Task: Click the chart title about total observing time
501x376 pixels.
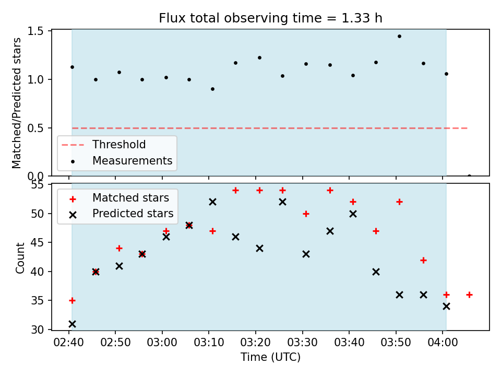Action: click(270, 18)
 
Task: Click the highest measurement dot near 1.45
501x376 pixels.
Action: click(399, 37)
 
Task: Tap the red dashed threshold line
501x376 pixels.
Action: click(270, 128)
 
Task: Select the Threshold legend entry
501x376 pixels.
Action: click(104, 145)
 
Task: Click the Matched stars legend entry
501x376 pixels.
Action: click(119, 198)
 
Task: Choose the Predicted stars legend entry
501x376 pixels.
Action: click(122, 214)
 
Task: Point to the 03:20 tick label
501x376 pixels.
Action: click(256, 343)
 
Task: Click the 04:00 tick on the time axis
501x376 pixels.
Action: click(443, 343)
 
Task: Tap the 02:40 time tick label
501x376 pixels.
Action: click(69, 343)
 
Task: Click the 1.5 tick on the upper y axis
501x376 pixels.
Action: click(35, 31)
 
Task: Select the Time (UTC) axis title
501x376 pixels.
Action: click(271, 357)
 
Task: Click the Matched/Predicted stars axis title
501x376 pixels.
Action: click(17, 103)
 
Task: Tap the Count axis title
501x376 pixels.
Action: click(20, 258)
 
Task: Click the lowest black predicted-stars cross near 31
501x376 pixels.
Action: click(72, 324)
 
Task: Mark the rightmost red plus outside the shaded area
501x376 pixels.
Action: click(469, 295)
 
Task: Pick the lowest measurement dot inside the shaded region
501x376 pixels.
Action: click(213, 89)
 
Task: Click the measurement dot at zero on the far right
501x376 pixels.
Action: click(469, 176)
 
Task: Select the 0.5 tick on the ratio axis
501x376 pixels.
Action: click(35, 128)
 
